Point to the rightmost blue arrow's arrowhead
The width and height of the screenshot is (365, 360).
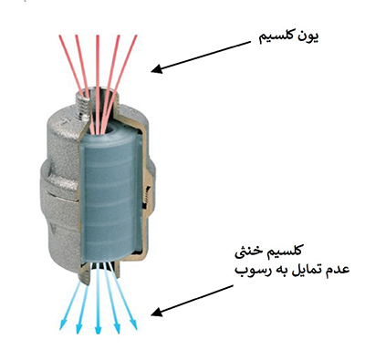coord(136,327)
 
